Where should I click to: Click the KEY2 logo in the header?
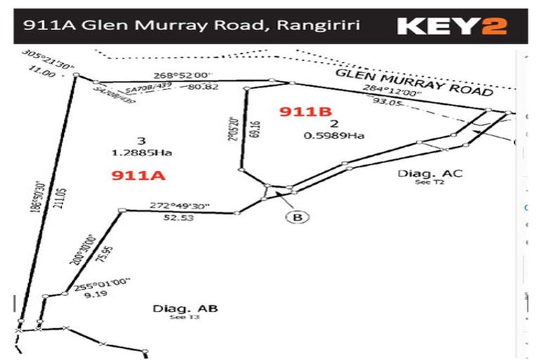(452, 26)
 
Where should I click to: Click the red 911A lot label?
(138, 175)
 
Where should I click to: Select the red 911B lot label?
(305, 112)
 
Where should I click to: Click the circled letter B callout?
(297, 217)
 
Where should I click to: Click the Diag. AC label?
(420, 173)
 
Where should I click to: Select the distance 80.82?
(203, 87)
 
